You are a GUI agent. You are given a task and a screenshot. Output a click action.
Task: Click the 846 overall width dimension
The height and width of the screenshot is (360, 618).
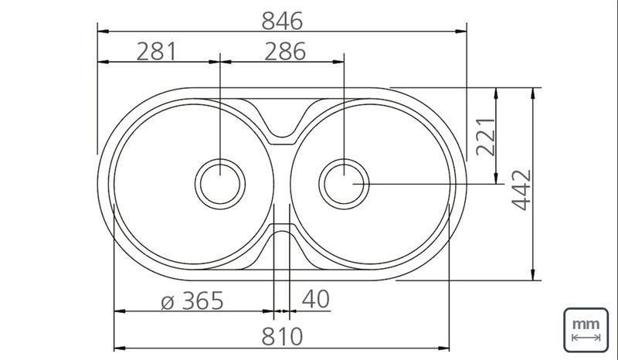pyautogui.click(x=282, y=21)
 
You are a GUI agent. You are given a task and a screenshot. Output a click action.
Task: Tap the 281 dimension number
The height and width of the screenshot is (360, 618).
pyautogui.click(x=157, y=52)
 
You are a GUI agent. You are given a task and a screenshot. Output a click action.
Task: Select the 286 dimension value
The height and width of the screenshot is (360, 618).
pyautogui.click(x=285, y=52)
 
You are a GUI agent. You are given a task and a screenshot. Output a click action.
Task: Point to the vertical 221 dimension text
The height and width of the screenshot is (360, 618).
pyautogui.click(x=486, y=137)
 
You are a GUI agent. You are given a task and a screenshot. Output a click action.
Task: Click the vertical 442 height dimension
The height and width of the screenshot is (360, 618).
pyautogui.click(x=521, y=190)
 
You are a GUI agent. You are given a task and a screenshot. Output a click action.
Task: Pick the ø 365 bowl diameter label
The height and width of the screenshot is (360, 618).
pyautogui.click(x=192, y=301)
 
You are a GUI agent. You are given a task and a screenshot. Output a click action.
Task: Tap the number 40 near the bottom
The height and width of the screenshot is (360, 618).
pyautogui.click(x=316, y=299)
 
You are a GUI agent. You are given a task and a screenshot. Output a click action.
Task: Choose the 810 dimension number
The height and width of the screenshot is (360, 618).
pyautogui.click(x=282, y=337)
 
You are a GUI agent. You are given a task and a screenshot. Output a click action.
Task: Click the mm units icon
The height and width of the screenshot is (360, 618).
pyautogui.click(x=586, y=330)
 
